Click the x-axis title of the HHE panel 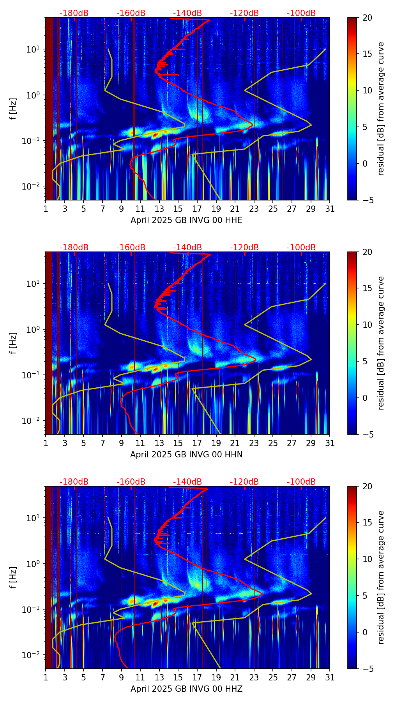[186, 220]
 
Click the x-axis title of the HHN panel [186, 455]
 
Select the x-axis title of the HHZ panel [186, 689]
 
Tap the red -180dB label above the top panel [74, 13]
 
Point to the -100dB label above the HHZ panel [301, 482]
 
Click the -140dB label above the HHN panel [187, 248]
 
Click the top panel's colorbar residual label [381, 109]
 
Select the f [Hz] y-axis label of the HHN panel [13, 343]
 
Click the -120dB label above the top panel [244, 13]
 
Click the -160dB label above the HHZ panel [131, 482]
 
